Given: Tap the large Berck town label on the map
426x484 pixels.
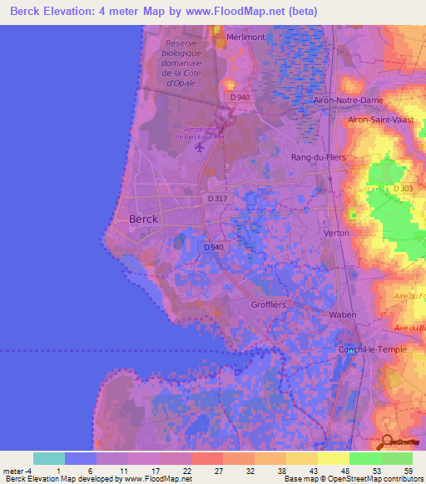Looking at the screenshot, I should [143, 219].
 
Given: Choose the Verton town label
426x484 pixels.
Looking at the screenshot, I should [336, 233].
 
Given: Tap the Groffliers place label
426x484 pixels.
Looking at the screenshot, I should [268, 305].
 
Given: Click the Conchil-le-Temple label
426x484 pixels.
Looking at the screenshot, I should [372, 349].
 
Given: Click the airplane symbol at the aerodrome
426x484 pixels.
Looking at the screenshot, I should [199, 147].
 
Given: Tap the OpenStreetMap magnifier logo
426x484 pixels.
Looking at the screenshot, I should [388, 442].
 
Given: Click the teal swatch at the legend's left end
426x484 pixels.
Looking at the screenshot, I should [48, 458].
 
